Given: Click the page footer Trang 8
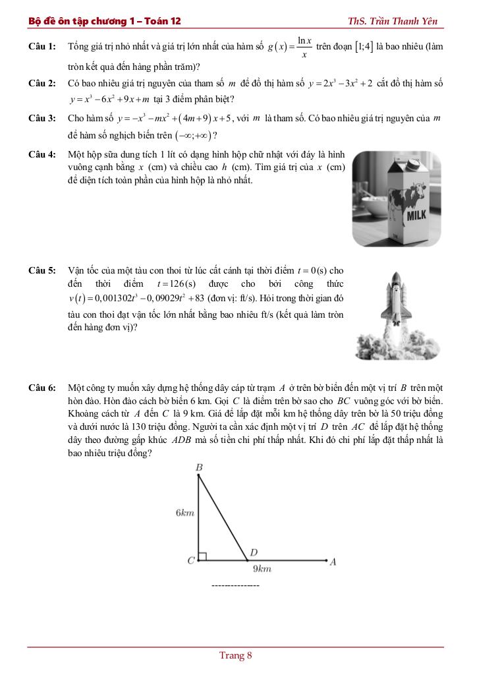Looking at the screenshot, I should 236,655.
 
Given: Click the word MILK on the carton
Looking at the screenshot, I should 416,216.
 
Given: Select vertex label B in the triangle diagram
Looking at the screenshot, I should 199,467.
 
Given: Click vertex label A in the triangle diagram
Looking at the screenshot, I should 333,562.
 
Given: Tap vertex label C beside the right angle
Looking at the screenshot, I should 190,561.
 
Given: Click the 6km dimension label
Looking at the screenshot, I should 184,512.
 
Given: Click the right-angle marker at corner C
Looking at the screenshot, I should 202,557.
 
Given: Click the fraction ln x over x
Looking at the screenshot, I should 304,47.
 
